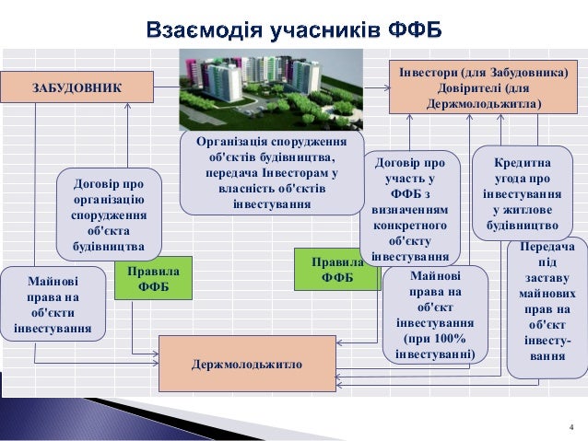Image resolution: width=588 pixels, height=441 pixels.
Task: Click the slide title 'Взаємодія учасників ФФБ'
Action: tap(294, 31)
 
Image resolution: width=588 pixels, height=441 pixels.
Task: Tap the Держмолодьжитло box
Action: tap(247, 364)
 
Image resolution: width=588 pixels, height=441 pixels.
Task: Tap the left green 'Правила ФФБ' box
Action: tap(153, 279)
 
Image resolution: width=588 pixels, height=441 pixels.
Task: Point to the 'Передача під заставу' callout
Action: tap(547, 307)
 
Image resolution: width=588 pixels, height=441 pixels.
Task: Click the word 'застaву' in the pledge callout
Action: tap(547, 278)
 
